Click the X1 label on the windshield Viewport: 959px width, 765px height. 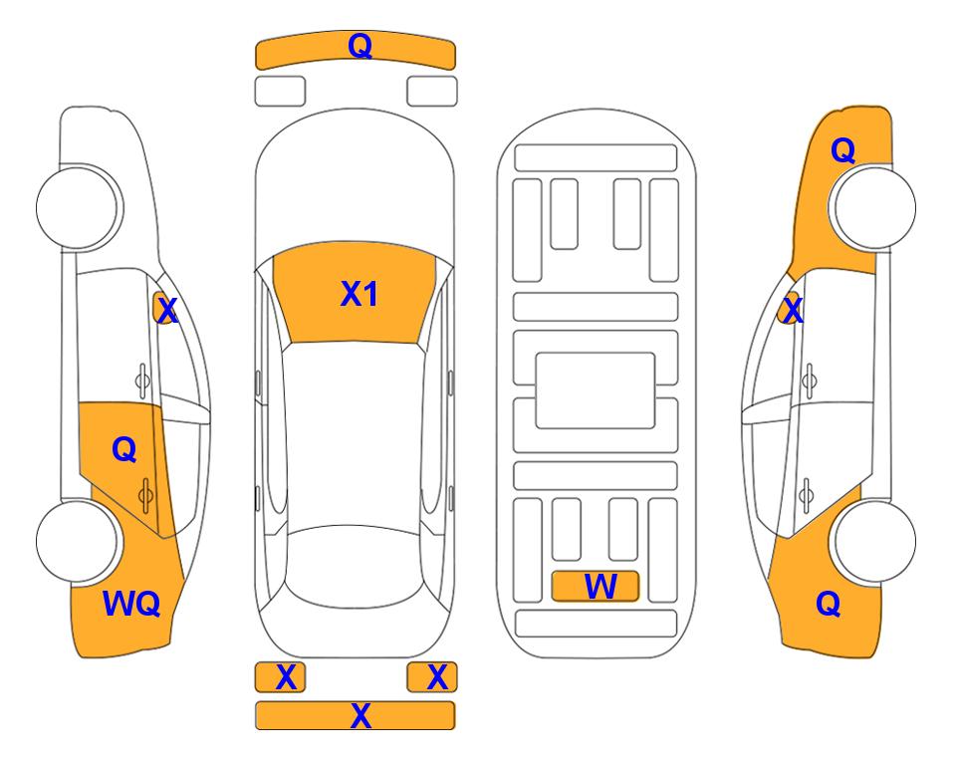(x=360, y=294)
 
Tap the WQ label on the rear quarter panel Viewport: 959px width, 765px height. (x=131, y=604)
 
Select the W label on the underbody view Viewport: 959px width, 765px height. (x=600, y=587)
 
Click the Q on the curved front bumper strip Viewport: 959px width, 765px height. (x=360, y=46)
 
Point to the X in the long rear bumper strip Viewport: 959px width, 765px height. (x=360, y=715)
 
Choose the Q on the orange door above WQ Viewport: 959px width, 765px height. (x=124, y=450)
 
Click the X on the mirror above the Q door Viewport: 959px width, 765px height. (x=166, y=311)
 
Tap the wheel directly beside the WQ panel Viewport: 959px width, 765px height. (x=77, y=541)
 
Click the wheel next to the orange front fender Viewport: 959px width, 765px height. (x=874, y=207)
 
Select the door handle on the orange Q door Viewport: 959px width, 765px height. (x=145, y=495)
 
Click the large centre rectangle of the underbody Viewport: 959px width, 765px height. (x=596, y=390)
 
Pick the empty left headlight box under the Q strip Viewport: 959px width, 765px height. (x=280, y=92)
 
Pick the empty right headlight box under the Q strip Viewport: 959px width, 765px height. (x=432, y=92)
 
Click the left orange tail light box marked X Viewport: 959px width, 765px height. (x=280, y=677)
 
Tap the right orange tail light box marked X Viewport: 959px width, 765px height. (x=432, y=677)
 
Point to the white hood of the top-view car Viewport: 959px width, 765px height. (x=355, y=183)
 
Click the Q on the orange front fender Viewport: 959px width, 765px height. (x=842, y=150)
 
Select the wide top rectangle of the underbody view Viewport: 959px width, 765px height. (x=596, y=158)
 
